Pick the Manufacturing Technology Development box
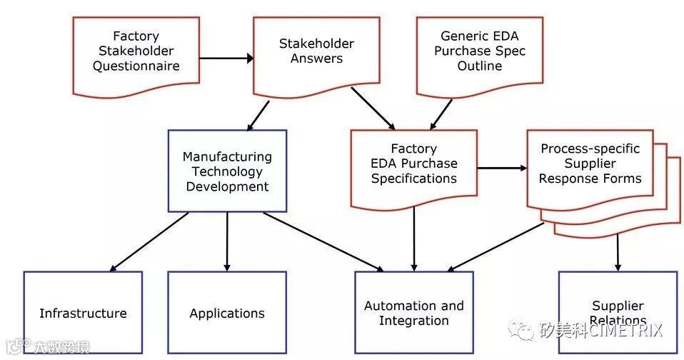tap(227, 171)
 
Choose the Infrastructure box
tap(83, 313)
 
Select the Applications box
tap(227, 313)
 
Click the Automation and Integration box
tap(413, 313)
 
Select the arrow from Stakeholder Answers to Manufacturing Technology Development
tap(258, 115)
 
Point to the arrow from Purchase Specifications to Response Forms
tap(501, 169)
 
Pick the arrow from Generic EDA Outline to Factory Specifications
tap(440, 113)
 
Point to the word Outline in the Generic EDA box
tap(479, 66)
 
